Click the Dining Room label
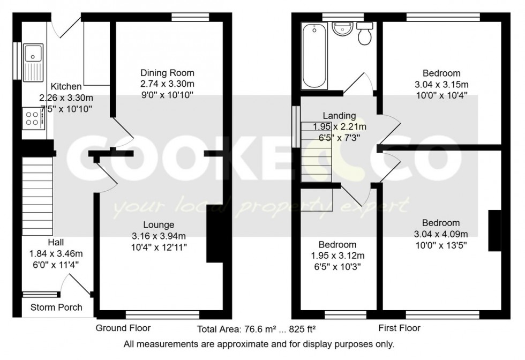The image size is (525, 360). click(x=167, y=73)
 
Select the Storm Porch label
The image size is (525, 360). click(x=56, y=307)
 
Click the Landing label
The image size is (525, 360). click(x=339, y=116)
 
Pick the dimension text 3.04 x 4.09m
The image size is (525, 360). click(x=441, y=234)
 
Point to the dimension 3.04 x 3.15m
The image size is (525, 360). click(x=441, y=85)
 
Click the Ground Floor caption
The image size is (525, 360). click(x=123, y=328)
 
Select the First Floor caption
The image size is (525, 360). click(x=400, y=328)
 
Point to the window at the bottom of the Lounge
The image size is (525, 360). click(x=162, y=314)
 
